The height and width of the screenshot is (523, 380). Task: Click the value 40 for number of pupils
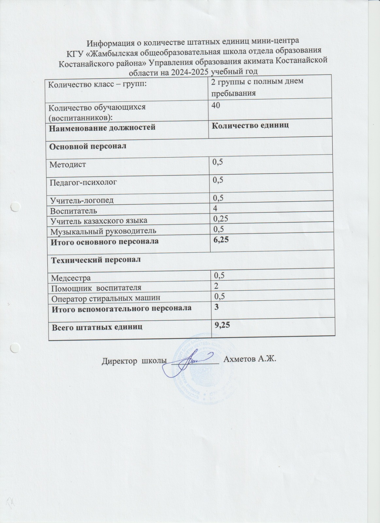[x=216, y=105]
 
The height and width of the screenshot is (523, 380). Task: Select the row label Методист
[x=68, y=164]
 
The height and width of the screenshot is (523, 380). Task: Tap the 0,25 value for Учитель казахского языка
[x=221, y=218]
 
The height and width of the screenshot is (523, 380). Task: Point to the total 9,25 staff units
[x=221, y=325]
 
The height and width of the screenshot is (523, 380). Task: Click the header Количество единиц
[x=250, y=126]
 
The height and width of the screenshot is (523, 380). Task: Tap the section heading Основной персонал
[x=87, y=146]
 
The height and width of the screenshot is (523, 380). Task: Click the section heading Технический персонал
[x=96, y=260]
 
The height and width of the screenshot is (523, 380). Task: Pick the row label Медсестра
[x=71, y=278]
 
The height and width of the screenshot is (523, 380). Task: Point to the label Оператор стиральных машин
[x=106, y=298]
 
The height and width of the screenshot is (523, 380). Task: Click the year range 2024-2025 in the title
[x=190, y=72]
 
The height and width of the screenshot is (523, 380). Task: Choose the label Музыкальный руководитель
[x=103, y=231]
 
